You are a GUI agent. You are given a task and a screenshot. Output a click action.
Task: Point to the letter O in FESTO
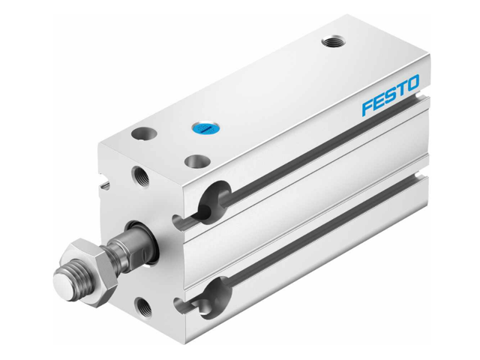413,90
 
